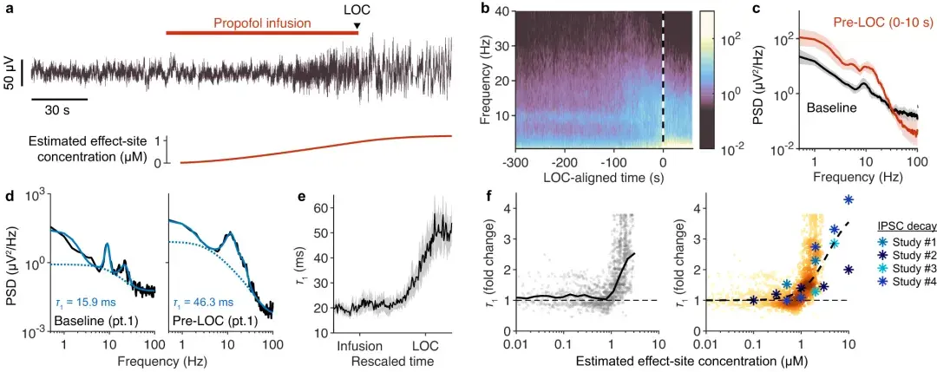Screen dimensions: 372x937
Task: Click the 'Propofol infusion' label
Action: point(261,23)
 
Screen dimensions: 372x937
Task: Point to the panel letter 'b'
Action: point(484,9)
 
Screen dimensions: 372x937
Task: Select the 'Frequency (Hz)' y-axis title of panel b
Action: point(488,78)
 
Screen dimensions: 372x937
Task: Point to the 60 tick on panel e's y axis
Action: point(320,209)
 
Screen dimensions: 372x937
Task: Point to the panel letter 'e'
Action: point(302,197)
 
